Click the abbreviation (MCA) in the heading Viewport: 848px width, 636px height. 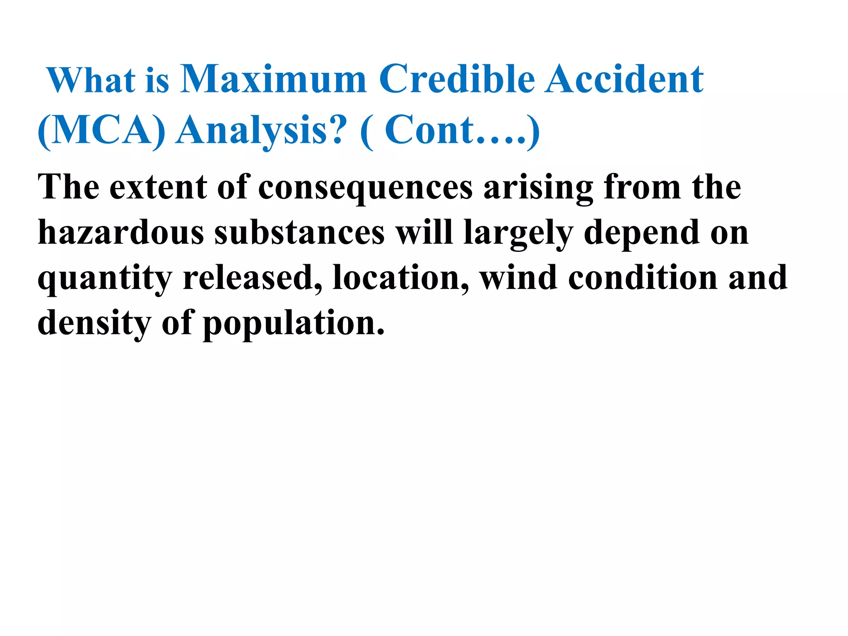click(x=101, y=130)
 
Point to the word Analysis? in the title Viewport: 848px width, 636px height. click(x=260, y=131)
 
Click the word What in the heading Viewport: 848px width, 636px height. click(x=91, y=79)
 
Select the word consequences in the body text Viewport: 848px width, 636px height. click(x=365, y=187)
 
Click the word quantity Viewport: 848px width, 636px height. click(x=105, y=278)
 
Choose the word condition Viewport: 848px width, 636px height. click(x=643, y=277)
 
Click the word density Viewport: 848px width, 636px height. click(x=94, y=323)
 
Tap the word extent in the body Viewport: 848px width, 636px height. click(x=158, y=187)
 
